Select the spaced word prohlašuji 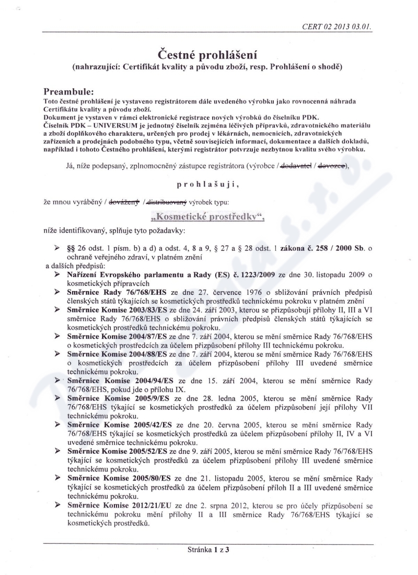pos(209,184)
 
